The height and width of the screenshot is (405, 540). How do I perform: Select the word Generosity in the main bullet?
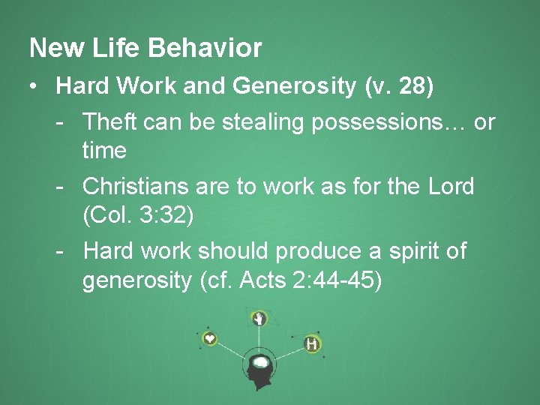point(295,87)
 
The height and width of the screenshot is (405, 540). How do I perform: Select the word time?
point(104,151)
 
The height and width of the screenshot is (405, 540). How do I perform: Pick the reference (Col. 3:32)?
point(138,215)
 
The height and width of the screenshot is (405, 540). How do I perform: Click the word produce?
point(328,250)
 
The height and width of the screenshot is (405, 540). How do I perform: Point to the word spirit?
point(423,250)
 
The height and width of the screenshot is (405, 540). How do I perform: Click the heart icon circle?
point(210,339)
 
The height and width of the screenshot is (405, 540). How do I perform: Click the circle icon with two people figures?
point(311,344)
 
